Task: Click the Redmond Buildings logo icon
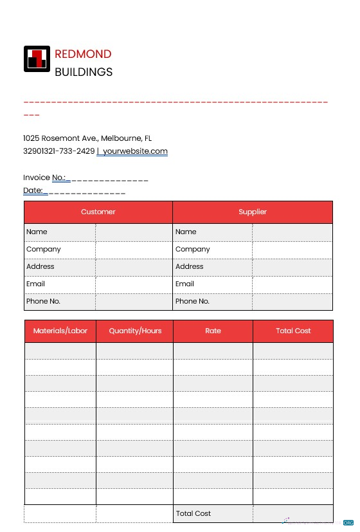[36, 59]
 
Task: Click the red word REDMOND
[83, 54]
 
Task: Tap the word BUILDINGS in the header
[84, 72]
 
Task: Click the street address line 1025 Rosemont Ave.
[87, 138]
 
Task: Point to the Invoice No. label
[44, 178]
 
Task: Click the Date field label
[33, 190]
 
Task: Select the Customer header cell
[98, 212]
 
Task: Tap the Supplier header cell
[253, 212]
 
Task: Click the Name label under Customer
[37, 232]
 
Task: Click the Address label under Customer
[40, 266]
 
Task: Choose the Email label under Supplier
[184, 284]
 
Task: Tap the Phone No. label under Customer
[43, 301]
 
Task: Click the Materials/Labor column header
[60, 331]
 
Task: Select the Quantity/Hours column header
[135, 331]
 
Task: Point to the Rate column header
[213, 331]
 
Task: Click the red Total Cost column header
[293, 331]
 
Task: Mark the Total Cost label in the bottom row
[194, 513]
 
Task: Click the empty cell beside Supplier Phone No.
[292, 301]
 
